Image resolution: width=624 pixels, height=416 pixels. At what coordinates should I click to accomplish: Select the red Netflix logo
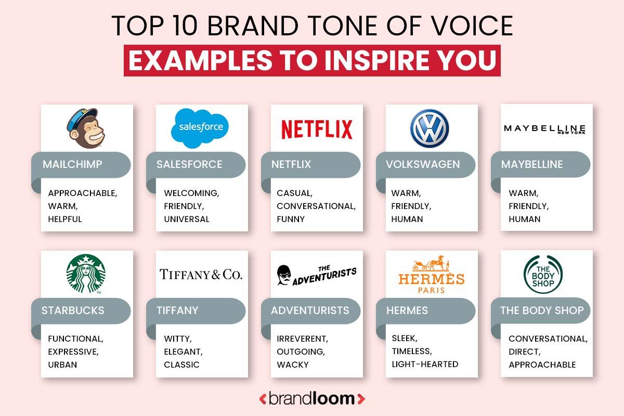(317, 129)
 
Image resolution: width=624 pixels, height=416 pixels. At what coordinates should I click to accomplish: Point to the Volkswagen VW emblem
(429, 128)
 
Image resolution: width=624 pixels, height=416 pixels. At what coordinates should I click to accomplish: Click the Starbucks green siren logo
(86, 274)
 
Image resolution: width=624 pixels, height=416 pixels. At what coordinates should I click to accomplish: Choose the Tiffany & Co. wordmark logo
(201, 274)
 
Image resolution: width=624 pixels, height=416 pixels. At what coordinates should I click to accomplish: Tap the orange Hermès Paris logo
(431, 275)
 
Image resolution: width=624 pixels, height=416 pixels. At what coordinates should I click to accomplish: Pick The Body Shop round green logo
(543, 274)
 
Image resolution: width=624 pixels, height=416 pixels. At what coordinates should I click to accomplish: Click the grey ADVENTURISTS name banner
(310, 310)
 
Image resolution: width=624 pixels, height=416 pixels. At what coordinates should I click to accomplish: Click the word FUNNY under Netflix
(291, 219)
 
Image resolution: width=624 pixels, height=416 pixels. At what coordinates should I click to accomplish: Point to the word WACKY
(292, 365)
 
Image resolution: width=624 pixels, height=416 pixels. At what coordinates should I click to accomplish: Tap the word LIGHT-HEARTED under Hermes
(425, 364)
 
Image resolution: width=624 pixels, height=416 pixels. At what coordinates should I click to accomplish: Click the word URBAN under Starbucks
(62, 365)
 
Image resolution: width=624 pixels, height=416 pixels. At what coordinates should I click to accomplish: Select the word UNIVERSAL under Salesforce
(187, 219)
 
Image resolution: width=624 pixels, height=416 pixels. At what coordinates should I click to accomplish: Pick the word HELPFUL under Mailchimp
(65, 219)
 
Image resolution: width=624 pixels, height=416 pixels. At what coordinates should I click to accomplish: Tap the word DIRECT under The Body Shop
(525, 352)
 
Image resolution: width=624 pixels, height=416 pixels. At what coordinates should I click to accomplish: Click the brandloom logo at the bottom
(312, 399)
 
